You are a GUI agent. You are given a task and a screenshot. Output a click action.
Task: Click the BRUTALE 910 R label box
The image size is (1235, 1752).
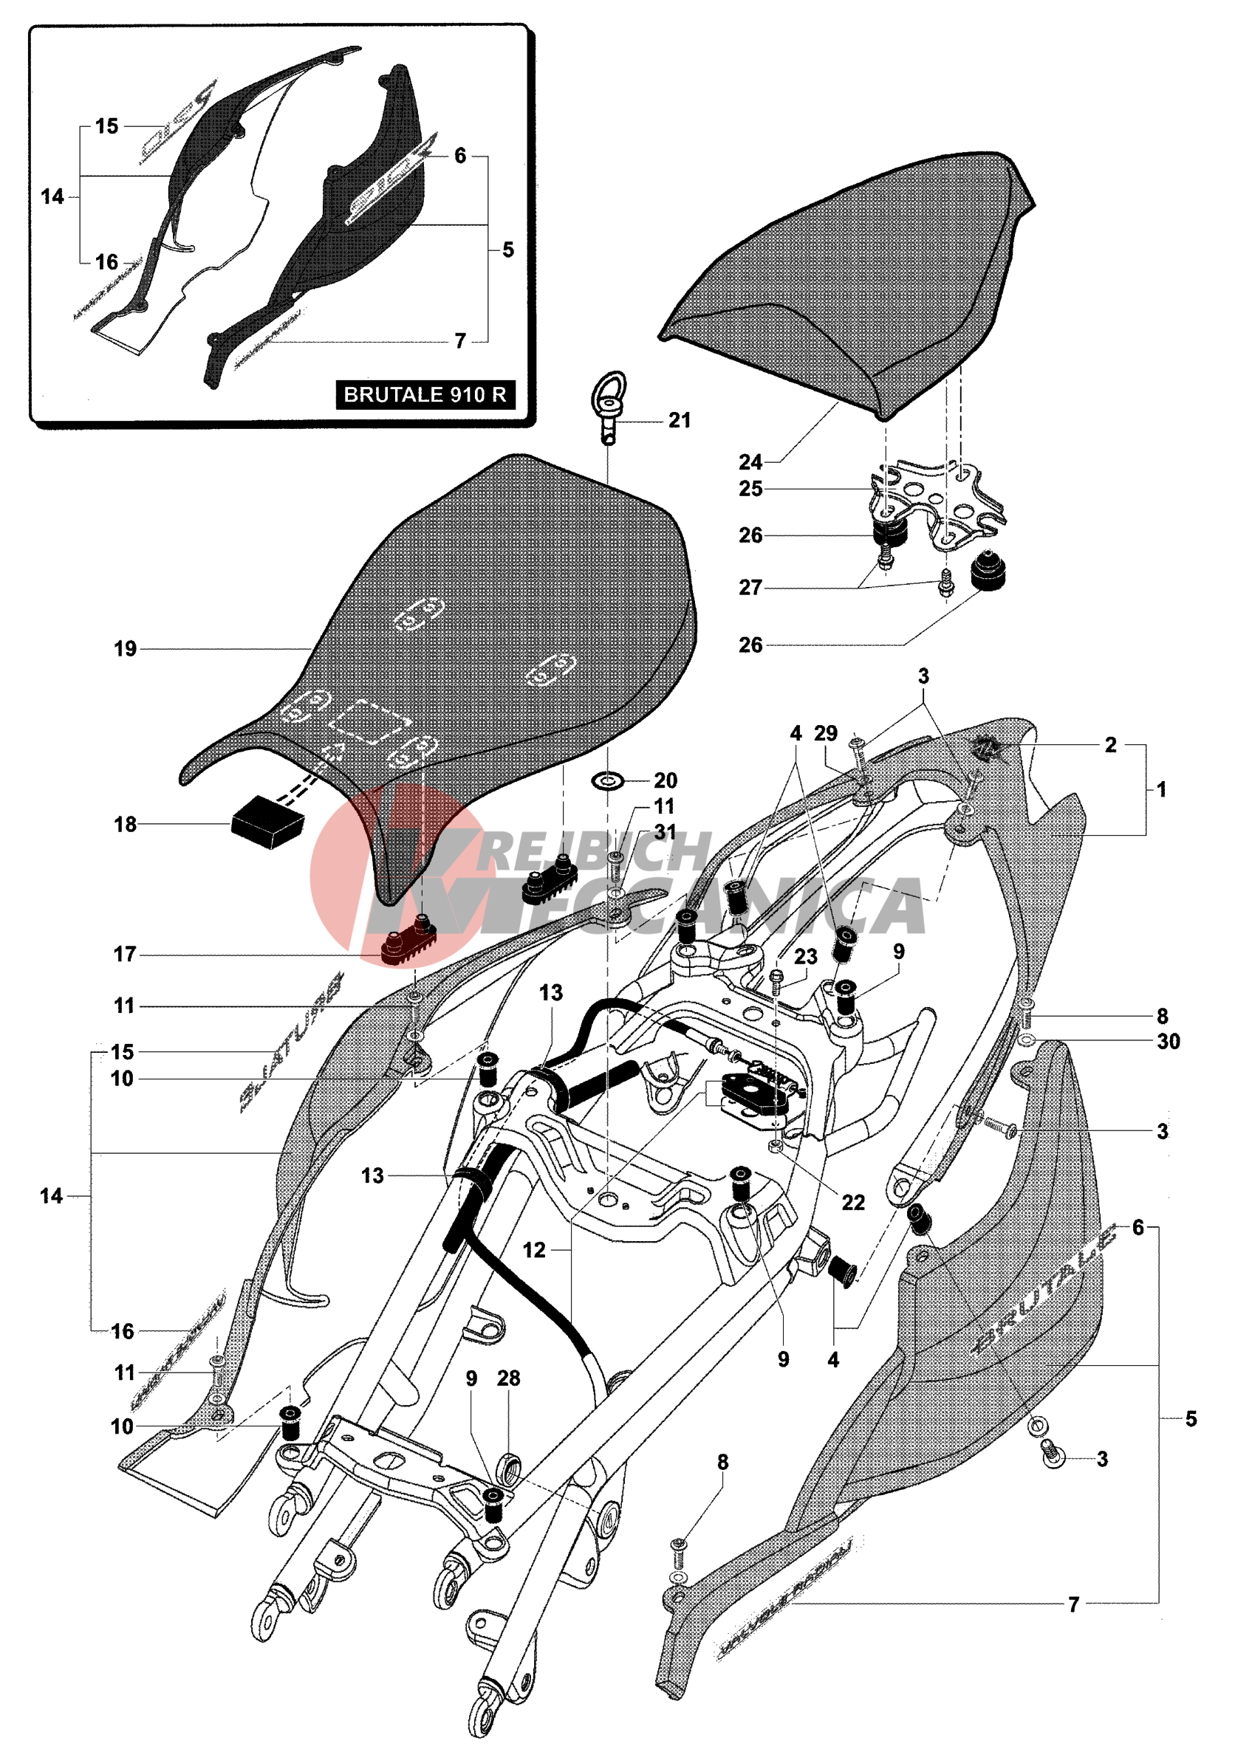(425, 394)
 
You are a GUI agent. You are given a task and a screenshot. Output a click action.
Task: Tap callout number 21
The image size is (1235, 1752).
(680, 420)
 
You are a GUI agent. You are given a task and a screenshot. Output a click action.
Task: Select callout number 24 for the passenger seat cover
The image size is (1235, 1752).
(750, 461)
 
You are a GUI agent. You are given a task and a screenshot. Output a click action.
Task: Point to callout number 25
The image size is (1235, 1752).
(750, 488)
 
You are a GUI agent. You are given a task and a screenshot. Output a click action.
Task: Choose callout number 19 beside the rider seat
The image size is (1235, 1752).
(125, 649)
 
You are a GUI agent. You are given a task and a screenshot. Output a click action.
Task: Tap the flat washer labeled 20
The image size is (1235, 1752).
(609, 780)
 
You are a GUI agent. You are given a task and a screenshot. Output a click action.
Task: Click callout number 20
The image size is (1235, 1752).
(665, 780)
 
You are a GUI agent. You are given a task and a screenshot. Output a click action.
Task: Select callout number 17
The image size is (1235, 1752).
(125, 954)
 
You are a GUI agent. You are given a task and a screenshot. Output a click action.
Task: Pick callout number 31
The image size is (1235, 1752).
(665, 832)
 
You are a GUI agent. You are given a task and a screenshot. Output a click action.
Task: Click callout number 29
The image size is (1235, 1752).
(826, 732)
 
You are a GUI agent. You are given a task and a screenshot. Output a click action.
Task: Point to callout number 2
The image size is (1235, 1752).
(1111, 744)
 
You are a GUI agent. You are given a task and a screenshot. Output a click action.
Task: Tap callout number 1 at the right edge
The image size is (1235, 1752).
(1161, 790)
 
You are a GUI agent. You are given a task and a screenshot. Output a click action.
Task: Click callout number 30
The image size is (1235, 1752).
(1169, 1041)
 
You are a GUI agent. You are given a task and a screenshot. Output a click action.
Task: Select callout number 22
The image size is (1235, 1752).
(852, 1203)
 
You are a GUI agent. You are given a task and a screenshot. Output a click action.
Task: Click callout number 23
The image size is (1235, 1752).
(805, 956)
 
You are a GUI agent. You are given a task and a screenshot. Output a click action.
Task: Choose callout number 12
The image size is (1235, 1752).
(533, 1250)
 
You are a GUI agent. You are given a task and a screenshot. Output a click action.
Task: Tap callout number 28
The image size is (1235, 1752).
(508, 1378)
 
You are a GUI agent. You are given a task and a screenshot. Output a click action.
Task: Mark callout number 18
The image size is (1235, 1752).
(125, 824)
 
